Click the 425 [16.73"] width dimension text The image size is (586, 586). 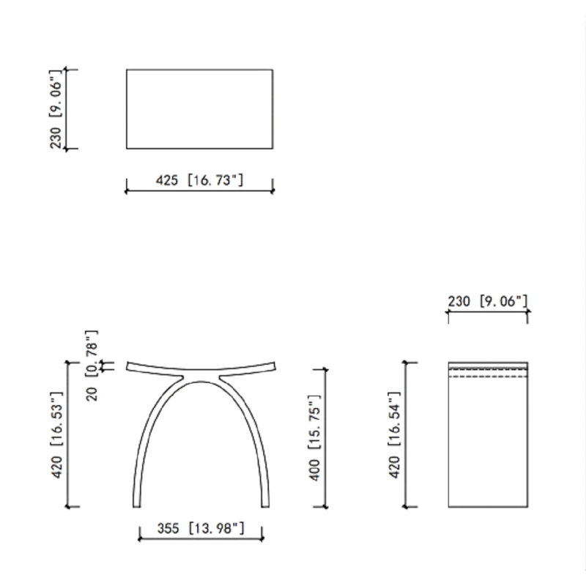199,180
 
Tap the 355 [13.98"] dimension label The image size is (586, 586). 201,528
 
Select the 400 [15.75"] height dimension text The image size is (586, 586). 315,437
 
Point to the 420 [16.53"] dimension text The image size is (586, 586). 57,435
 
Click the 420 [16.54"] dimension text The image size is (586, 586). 395,435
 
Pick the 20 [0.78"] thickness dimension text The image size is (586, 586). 92,366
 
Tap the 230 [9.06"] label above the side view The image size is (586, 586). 488,301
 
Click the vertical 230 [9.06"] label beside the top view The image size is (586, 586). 56,109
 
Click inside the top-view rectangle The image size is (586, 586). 199,109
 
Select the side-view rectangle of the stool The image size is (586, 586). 488,434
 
